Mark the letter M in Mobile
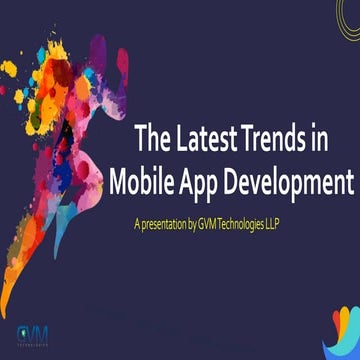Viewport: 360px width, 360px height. point(122,183)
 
